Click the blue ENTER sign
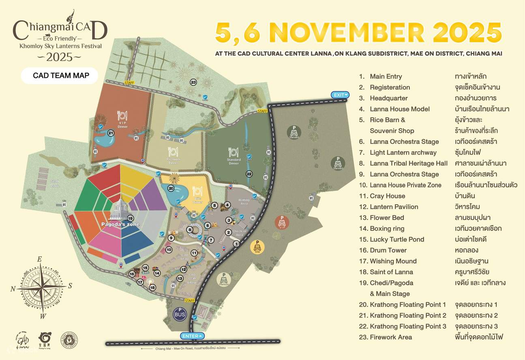point(193,336)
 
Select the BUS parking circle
point(180,313)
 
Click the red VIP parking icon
point(283,223)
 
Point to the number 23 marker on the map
point(193,82)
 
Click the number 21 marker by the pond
point(111,133)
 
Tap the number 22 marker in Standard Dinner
point(249,174)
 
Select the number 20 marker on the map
point(171,188)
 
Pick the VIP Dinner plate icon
point(122,116)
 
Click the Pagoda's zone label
point(120,224)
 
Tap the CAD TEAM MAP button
point(60,75)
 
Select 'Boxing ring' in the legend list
point(387,228)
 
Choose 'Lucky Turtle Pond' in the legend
point(396,239)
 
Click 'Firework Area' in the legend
point(390,337)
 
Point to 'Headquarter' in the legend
point(388,98)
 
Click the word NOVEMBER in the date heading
point(347,33)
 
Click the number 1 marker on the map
point(236,244)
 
